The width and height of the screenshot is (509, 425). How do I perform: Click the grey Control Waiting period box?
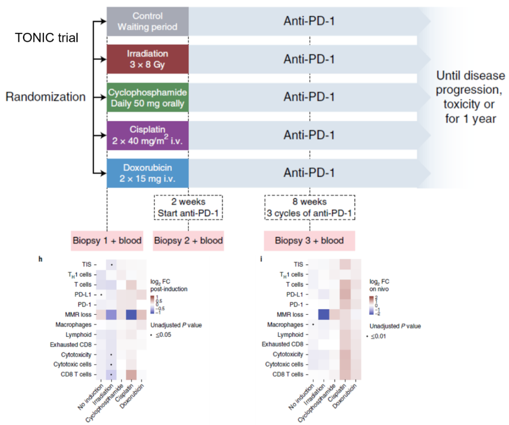[x=148, y=21]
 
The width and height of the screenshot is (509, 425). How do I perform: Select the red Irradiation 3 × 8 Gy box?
[x=148, y=59]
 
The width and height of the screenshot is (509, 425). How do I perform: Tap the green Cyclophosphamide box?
[x=148, y=97]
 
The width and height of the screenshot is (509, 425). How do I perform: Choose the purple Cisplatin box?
[x=148, y=136]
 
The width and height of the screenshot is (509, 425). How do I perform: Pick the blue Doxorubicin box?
[x=148, y=173]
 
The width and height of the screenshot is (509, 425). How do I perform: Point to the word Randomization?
[x=46, y=97]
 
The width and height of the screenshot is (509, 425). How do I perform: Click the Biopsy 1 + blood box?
[x=107, y=241]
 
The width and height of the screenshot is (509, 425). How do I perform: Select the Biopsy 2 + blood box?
[x=188, y=241]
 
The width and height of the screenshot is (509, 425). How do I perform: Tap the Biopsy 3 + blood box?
[x=309, y=241]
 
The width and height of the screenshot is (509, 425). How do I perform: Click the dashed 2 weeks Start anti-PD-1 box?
[x=188, y=208]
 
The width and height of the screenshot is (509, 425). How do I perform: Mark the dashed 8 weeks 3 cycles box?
[x=309, y=208]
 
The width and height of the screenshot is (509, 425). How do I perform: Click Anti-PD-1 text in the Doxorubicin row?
[x=309, y=173]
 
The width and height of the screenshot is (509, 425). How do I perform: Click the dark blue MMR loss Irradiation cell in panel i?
[x=324, y=314]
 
